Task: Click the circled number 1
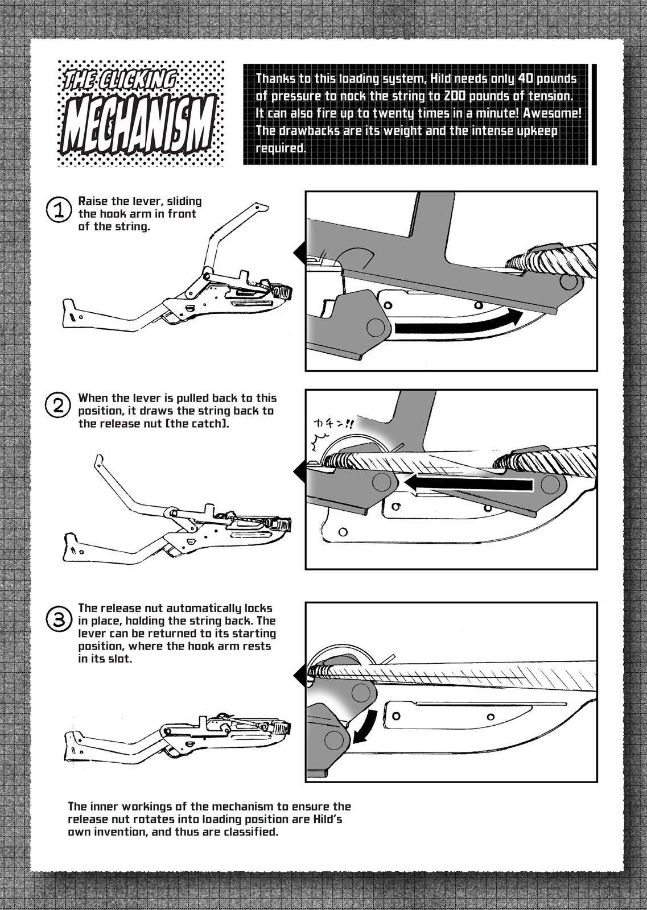coord(59,210)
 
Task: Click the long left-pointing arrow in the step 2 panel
coord(468,483)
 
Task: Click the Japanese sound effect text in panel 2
coord(333,424)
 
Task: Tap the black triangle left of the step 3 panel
coord(299,676)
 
